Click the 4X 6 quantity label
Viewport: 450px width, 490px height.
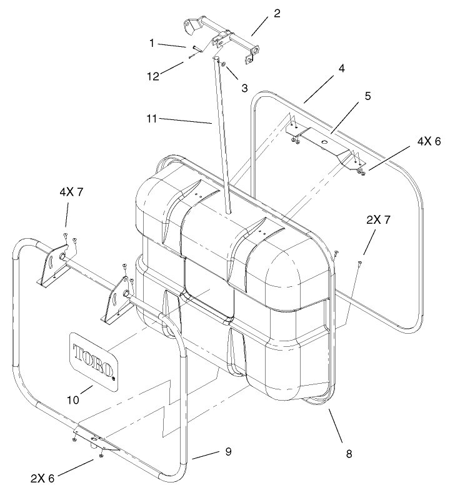pos(426,142)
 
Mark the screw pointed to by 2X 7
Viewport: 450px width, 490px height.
pos(361,264)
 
